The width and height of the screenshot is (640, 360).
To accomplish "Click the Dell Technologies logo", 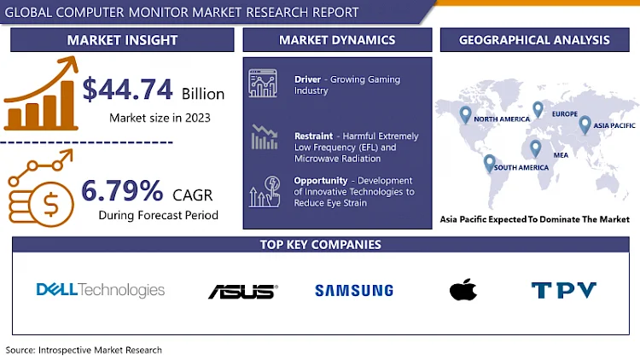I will point(101,290).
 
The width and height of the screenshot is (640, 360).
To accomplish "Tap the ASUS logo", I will point(242,291).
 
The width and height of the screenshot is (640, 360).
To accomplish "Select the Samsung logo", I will point(354,290).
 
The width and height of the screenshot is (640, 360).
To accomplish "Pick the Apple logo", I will point(462,290).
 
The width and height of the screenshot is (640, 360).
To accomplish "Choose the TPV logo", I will point(564,290).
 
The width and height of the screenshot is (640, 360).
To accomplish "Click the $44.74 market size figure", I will point(128,90).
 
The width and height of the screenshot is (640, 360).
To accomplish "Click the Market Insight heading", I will point(122,40).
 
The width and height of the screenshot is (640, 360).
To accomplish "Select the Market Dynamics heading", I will point(337,40).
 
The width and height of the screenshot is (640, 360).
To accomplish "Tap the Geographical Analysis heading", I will point(534,40).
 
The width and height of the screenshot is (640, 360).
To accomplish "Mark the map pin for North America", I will point(465,113).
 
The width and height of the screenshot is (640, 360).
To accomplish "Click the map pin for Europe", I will point(538,109).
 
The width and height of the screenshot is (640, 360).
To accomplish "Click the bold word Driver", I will point(307,79).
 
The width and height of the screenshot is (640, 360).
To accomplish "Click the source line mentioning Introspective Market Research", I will point(84,350).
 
